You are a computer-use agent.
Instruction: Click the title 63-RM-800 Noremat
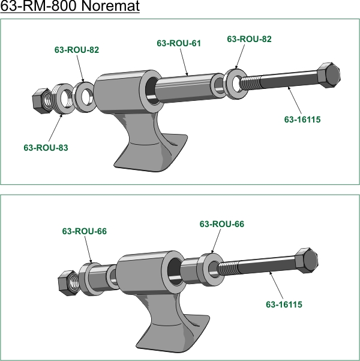70,5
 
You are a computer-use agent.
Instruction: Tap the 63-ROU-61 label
179,43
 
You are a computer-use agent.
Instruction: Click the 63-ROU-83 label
46,148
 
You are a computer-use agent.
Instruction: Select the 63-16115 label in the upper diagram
302,120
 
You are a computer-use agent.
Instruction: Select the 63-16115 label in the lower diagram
284,305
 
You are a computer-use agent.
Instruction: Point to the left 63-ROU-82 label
77,50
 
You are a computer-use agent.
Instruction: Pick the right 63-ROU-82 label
249,39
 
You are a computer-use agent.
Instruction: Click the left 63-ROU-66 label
85,231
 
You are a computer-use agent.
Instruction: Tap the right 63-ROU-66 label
222,224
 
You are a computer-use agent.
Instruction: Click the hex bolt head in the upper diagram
329,75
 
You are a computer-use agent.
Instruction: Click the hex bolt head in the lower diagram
307,261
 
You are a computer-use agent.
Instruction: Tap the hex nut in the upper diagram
42,101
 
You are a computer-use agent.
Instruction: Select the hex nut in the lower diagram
68,283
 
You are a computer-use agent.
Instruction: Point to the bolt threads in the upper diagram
250,82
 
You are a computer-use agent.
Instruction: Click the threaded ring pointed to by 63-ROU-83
64,99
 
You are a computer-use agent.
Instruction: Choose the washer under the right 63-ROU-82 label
235,84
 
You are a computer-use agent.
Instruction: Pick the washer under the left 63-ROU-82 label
84,97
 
